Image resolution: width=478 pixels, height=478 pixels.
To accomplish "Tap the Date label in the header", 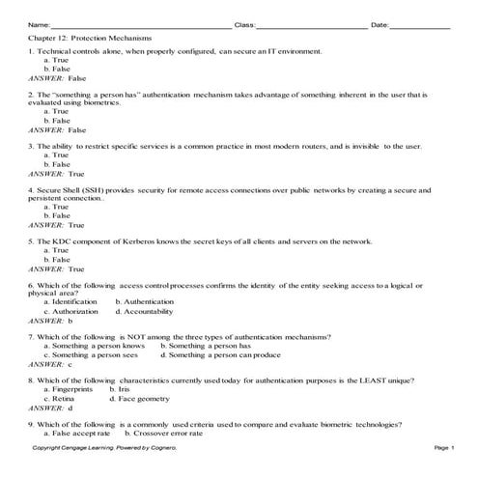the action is (380, 24).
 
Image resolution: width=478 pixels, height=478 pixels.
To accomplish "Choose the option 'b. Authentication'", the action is (145, 302).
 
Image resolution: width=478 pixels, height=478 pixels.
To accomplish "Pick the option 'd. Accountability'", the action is (148, 311).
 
